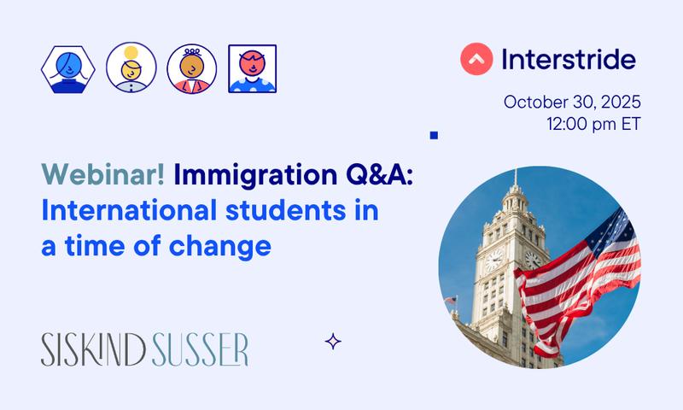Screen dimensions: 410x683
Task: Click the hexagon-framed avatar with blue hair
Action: coord(68,68)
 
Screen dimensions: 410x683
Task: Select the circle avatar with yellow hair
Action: coord(131,68)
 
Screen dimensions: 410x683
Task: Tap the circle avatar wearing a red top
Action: coord(192,68)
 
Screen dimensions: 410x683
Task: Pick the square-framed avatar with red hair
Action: coord(253,68)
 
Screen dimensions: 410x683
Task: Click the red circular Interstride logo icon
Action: coord(476,60)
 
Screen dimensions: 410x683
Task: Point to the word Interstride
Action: coord(569,60)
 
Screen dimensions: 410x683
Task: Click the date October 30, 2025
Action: coord(571,102)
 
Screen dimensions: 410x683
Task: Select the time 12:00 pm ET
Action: coord(593,124)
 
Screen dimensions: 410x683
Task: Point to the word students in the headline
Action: coord(289,212)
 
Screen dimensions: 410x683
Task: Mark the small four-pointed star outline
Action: coord(334,342)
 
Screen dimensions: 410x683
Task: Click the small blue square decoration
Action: coord(434,135)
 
